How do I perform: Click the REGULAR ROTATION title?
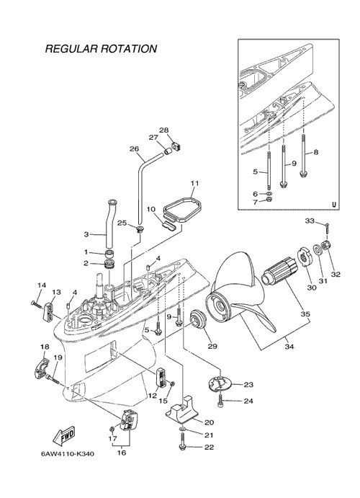point(101,48)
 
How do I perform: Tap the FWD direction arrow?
point(64,435)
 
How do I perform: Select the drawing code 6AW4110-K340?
point(67,454)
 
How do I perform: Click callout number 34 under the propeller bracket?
point(289,347)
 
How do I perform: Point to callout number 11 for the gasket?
point(194,184)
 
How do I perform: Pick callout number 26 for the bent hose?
point(134,148)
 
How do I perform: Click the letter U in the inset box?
point(334,205)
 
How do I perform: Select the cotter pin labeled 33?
point(327,228)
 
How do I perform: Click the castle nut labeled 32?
point(325,246)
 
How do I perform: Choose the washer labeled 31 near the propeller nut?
point(318,249)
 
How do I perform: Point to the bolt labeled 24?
point(220,401)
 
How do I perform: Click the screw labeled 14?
point(37,304)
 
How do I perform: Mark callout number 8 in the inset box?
point(315,152)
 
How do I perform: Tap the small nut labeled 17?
point(112,429)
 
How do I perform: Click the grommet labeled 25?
point(140,229)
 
